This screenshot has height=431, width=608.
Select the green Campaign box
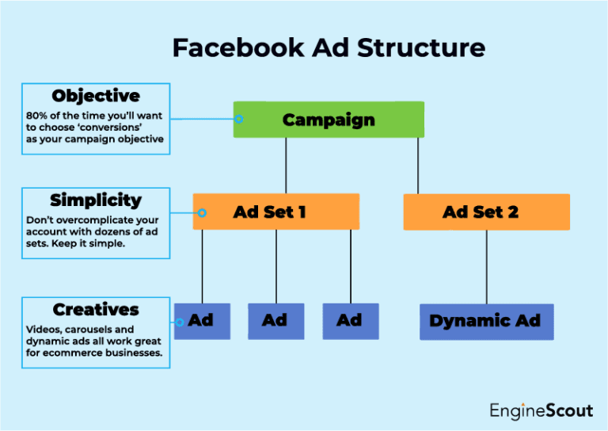click(x=329, y=120)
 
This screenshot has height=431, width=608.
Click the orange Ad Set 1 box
click(x=275, y=212)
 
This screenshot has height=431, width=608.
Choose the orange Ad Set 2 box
click(x=486, y=212)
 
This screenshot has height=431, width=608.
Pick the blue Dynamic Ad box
click(x=485, y=321)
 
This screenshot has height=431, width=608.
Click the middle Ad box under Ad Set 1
click(x=275, y=321)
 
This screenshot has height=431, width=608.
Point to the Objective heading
click(x=96, y=96)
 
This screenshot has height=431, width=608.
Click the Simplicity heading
click(x=96, y=200)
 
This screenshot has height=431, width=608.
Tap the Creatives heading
click(x=96, y=309)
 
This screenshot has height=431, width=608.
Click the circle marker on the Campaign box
click(x=239, y=120)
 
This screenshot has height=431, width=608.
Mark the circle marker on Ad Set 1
click(x=202, y=212)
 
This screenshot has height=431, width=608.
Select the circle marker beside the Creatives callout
click(x=180, y=322)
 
